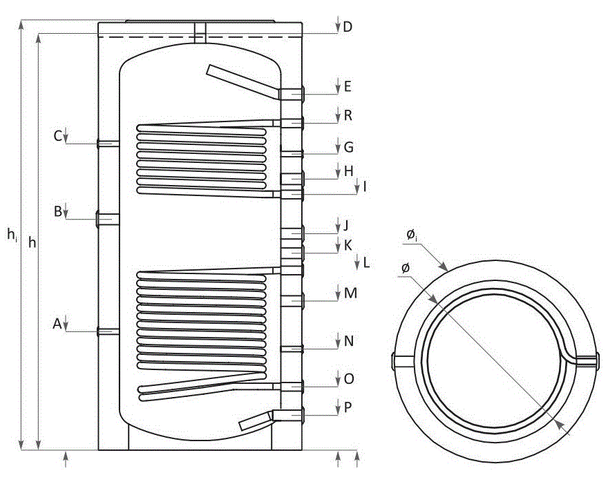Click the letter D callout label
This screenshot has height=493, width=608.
[x=348, y=27]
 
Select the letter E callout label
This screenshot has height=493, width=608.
[x=348, y=86]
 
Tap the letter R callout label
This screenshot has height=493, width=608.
[x=348, y=115]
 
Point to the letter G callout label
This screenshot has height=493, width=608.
[x=349, y=147]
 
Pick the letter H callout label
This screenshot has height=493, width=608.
[x=349, y=171]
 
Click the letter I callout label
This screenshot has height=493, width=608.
[x=365, y=187]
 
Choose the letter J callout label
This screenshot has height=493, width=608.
[x=346, y=225]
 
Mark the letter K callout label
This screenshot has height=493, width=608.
[x=348, y=245]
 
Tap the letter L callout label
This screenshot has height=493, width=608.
[x=366, y=263]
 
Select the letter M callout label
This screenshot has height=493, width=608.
[x=350, y=293]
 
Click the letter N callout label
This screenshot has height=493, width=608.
[x=349, y=341]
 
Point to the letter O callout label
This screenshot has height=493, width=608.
[x=349, y=378]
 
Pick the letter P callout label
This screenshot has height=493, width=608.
[x=348, y=407]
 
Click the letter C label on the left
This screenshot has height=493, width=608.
[x=57, y=137]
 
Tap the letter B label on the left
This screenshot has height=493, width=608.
[x=57, y=211]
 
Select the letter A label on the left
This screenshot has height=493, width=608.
[x=57, y=324]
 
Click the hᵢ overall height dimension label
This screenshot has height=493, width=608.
[x=12, y=235]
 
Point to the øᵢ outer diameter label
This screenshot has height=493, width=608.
[x=412, y=235]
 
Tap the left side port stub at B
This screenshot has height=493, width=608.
[x=107, y=220]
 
